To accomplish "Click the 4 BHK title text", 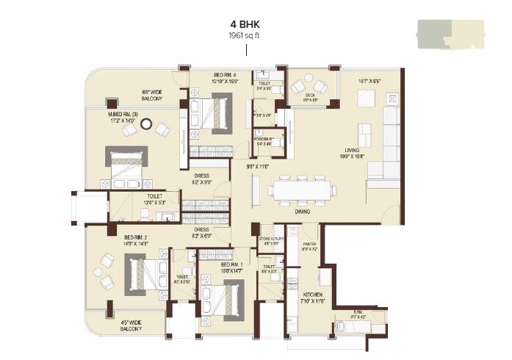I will [x=246, y=22].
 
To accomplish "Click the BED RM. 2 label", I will [x=137, y=237].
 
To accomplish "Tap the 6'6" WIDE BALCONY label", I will [x=156, y=96].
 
